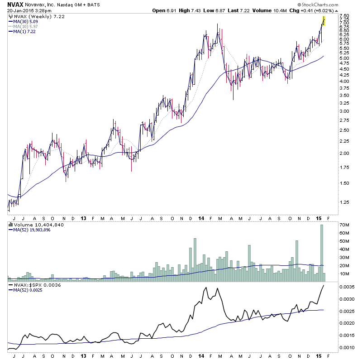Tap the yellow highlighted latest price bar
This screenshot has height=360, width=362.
324,20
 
